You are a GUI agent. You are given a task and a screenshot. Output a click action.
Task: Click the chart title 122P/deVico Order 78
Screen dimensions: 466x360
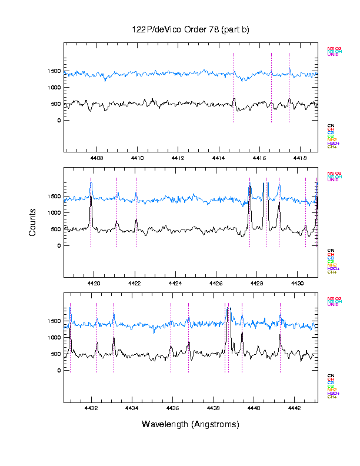(190, 29)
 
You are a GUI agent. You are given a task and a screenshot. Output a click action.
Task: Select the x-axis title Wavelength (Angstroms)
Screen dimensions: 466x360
(190, 424)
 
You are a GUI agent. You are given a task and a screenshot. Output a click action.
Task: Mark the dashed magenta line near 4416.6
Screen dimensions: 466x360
(271, 88)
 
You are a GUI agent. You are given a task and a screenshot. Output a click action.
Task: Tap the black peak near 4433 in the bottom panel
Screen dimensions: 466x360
(114, 339)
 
